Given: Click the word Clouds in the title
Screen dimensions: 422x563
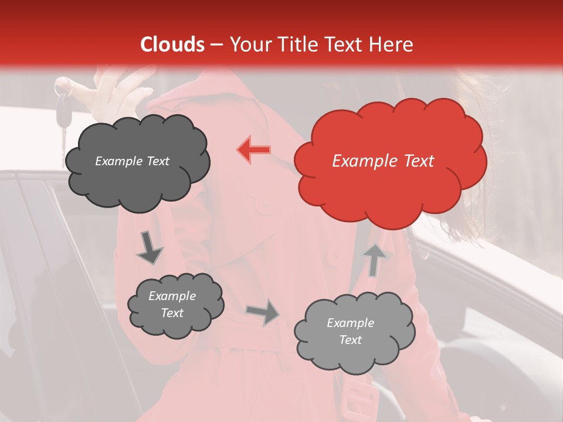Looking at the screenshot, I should tap(172, 45).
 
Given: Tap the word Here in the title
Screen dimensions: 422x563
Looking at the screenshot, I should tap(390, 45).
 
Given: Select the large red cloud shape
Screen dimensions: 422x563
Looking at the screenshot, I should tap(390, 161).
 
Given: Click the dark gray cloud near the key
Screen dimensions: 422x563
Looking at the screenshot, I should tap(137, 162).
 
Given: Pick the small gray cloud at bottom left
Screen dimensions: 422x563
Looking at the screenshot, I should tap(175, 305).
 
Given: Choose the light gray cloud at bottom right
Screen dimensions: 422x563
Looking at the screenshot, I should tap(354, 332).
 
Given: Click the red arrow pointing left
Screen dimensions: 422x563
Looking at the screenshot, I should tap(254, 149).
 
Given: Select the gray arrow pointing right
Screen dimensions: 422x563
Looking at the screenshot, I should tap(263, 311).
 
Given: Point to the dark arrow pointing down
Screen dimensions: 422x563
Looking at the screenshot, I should tap(149, 248).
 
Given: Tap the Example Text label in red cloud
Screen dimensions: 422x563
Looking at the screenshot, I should tap(383, 161).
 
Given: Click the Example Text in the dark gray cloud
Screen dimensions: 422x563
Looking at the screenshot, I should tap(132, 161).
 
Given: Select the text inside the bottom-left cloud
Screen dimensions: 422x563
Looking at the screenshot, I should tap(172, 304).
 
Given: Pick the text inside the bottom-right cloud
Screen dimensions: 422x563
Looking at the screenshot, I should tap(350, 331).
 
